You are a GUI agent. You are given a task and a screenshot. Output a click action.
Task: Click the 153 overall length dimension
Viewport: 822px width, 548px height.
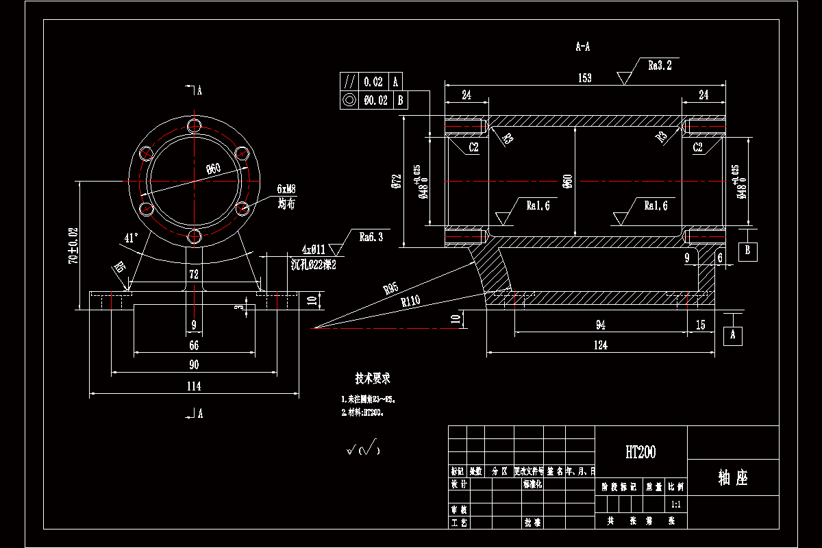click(x=584, y=78)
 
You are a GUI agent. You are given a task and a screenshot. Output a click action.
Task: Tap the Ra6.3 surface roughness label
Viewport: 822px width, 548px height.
click(x=371, y=237)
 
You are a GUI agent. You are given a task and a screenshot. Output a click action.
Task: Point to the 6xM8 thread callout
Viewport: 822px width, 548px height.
click(x=286, y=188)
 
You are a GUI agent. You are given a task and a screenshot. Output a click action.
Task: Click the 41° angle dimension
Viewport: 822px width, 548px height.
click(x=131, y=238)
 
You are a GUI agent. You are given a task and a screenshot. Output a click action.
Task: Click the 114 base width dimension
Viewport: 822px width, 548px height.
click(x=194, y=386)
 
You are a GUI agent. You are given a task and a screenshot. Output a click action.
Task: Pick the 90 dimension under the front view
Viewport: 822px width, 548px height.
click(x=194, y=365)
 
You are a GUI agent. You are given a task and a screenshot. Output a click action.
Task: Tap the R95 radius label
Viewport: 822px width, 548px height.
click(x=390, y=288)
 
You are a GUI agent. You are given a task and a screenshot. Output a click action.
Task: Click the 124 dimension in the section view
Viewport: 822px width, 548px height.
click(x=600, y=346)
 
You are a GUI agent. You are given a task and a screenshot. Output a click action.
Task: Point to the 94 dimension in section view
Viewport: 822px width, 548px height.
click(x=600, y=325)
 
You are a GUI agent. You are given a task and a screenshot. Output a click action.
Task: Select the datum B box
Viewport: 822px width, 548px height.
click(x=747, y=251)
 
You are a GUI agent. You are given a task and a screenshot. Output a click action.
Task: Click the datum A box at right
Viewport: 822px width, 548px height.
click(x=733, y=336)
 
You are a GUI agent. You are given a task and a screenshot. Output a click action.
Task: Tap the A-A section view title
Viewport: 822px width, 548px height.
click(x=583, y=47)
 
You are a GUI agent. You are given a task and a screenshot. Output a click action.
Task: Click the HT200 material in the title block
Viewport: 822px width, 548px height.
click(x=640, y=452)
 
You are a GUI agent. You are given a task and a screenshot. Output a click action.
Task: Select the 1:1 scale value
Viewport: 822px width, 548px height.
click(x=676, y=504)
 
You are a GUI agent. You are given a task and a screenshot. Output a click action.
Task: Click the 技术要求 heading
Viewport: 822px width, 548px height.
click(x=373, y=378)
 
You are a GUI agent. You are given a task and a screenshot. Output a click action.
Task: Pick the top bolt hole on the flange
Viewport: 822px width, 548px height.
click(x=195, y=125)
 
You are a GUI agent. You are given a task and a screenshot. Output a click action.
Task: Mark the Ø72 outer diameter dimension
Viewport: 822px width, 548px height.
click(x=396, y=181)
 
